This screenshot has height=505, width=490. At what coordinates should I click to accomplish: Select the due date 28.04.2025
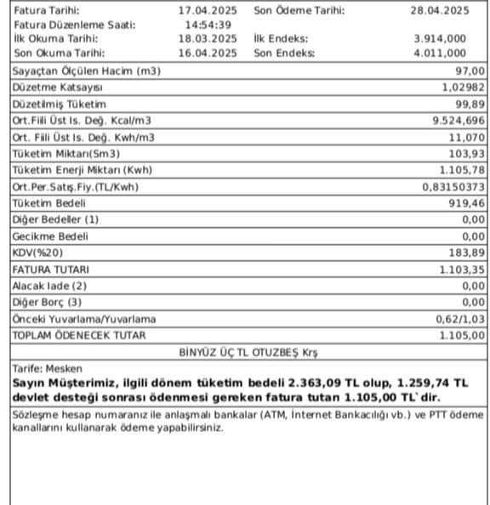point(441,11)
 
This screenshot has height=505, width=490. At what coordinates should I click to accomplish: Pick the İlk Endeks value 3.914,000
point(439,39)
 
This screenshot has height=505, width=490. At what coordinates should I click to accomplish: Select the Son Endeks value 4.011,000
point(439,53)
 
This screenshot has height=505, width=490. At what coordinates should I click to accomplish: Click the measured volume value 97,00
point(470,71)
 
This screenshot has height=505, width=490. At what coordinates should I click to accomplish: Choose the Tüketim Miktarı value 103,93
point(466,154)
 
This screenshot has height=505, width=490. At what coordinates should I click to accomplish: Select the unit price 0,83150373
point(453,187)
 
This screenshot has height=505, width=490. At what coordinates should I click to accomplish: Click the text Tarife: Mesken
point(43,369)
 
